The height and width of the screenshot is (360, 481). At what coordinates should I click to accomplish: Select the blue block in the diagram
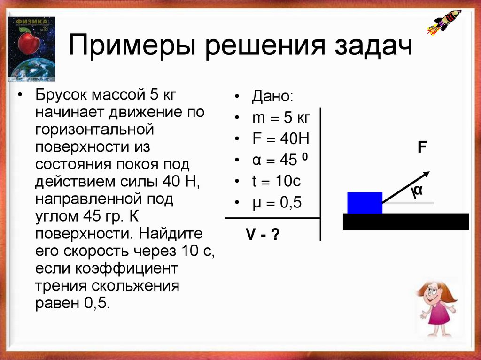(365, 203)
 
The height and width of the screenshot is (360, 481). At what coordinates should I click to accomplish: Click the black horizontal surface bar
(405, 221)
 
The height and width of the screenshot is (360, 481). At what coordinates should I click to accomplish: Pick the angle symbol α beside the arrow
(418, 191)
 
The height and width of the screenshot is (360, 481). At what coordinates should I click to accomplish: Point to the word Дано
(272, 97)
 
